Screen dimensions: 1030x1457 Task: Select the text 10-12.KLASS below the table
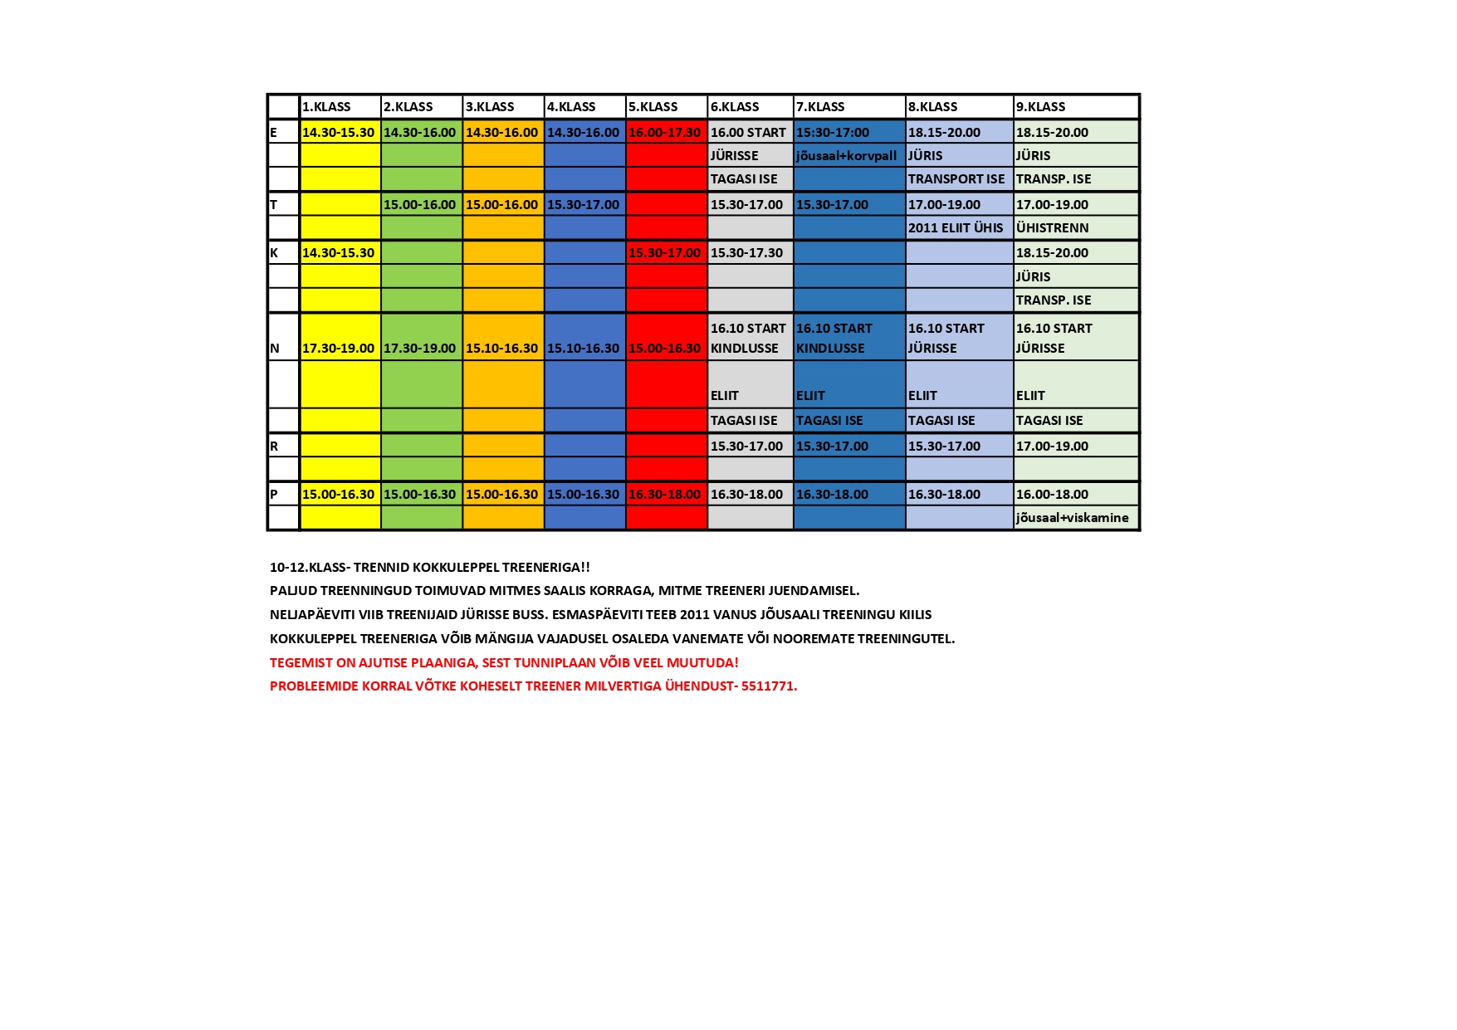307,568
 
